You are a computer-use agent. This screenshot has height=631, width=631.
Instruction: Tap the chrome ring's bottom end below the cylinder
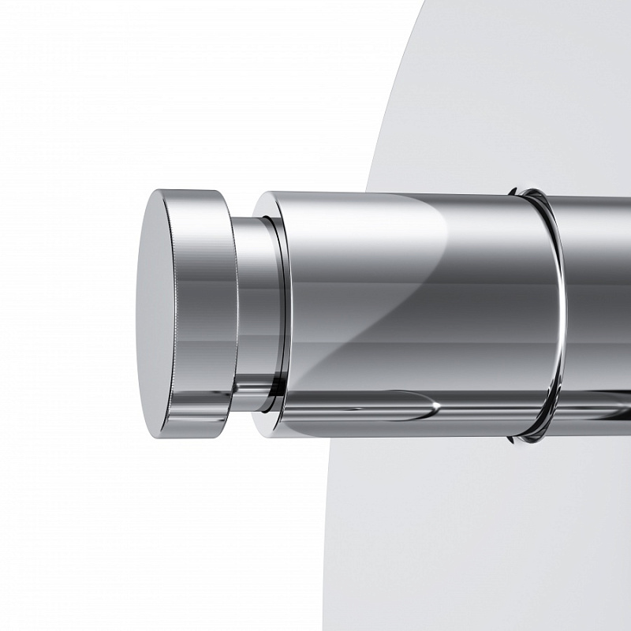click(527, 436)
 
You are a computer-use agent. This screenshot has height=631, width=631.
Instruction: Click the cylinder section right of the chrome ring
click(599, 315)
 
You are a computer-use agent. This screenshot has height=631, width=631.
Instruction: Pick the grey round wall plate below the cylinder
click(473, 536)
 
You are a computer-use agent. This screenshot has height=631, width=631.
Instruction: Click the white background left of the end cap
click(63, 315)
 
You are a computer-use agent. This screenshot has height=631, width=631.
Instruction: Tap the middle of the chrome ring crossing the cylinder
click(559, 315)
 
